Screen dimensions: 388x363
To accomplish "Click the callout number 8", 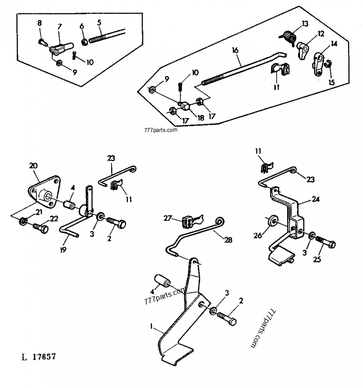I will click(39, 23).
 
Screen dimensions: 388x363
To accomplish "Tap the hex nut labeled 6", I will click(84, 42).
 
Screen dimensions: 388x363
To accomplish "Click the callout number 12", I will click(321, 33).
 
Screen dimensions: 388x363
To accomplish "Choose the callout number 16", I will click(235, 50).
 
